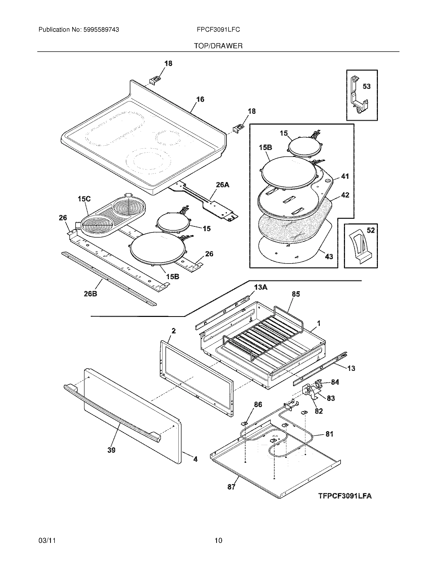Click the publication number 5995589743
(101, 30)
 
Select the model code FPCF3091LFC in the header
(218, 30)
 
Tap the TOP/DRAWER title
(218, 46)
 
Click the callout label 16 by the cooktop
(200, 99)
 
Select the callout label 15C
(84, 199)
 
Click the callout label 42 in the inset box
(345, 195)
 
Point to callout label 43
(329, 257)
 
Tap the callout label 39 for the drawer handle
(111, 450)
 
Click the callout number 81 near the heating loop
(329, 434)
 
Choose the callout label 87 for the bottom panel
(231, 487)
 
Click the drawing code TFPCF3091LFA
(345, 496)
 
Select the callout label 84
(335, 382)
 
